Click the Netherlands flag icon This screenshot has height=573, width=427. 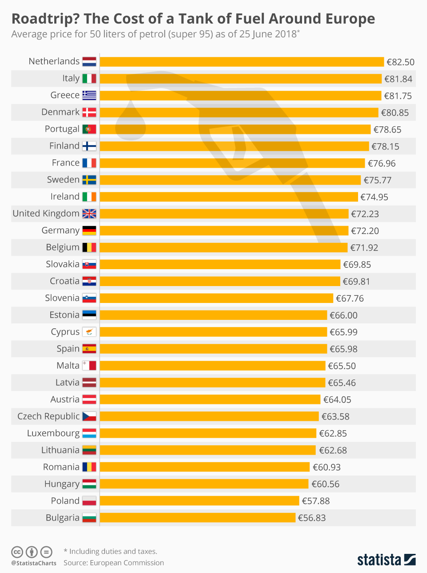[x=89, y=61]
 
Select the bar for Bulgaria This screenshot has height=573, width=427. [x=197, y=517]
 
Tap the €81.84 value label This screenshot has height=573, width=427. [x=399, y=79]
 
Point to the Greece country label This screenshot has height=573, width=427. [x=65, y=95]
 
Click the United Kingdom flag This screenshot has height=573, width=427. [x=89, y=214]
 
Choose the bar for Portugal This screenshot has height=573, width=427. [x=235, y=129]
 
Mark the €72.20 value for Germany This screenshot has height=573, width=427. [x=365, y=230]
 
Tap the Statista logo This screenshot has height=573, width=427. [x=386, y=559]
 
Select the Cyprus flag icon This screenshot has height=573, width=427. [x=89, y=332]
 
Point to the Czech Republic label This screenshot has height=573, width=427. [x=48, y=416]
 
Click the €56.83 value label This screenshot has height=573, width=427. [x=312, y=518]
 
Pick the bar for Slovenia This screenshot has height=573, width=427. [x=216, y=298]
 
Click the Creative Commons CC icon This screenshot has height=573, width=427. [x=17, y=552]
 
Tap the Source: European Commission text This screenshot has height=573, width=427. [x=114, y=563]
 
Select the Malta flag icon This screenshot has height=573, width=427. [x=89, y=366]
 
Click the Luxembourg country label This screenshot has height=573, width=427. [x=53, y=433]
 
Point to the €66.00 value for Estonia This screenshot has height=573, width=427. [x=343, y=315]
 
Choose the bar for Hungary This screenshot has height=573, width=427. [x=204, y=484]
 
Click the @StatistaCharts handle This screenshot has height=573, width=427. [x=34, y=563]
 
